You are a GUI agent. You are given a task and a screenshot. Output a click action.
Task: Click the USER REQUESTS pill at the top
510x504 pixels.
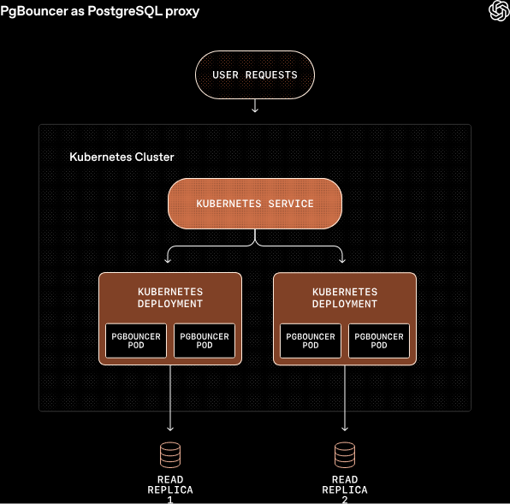coord(255,74)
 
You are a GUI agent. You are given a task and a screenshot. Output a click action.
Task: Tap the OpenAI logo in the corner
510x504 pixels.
coord(498,10)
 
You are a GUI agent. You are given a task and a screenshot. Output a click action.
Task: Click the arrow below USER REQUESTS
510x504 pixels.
coord(255,106)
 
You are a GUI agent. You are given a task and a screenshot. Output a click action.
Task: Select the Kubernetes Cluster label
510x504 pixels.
coord(122,157)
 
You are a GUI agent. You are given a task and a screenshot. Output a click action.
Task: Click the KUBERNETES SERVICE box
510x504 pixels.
coord(255,204)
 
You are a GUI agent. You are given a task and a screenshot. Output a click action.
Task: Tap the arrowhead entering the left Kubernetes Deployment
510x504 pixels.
coord(169,259)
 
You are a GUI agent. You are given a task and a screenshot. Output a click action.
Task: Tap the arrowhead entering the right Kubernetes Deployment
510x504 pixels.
coord(343,259)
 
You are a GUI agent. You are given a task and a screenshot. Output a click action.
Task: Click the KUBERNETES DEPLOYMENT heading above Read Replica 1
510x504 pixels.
coord(170,298)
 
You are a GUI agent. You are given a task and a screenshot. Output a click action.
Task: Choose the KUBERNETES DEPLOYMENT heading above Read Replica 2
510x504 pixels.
coord(345,298)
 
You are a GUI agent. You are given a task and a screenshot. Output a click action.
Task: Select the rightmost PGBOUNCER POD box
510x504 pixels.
coord(379,341)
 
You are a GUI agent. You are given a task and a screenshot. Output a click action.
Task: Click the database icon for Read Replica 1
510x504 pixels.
coord(170,453)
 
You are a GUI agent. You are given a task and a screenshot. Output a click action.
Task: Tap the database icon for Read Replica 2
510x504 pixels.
coord(345,453)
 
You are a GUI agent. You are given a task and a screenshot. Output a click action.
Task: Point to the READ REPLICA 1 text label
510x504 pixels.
coord(170,489)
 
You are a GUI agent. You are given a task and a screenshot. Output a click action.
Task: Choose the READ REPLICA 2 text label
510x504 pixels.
coord(345,489)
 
